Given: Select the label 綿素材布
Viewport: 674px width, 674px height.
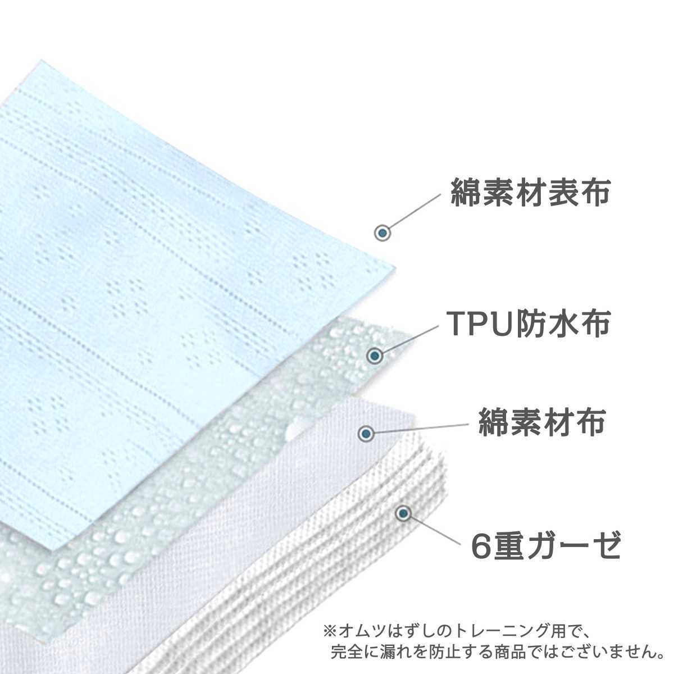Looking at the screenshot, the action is [541, 422].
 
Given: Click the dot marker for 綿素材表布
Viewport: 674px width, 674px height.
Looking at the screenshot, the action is [382, 233].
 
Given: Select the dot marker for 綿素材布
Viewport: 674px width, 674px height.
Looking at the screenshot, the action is [366, 433].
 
